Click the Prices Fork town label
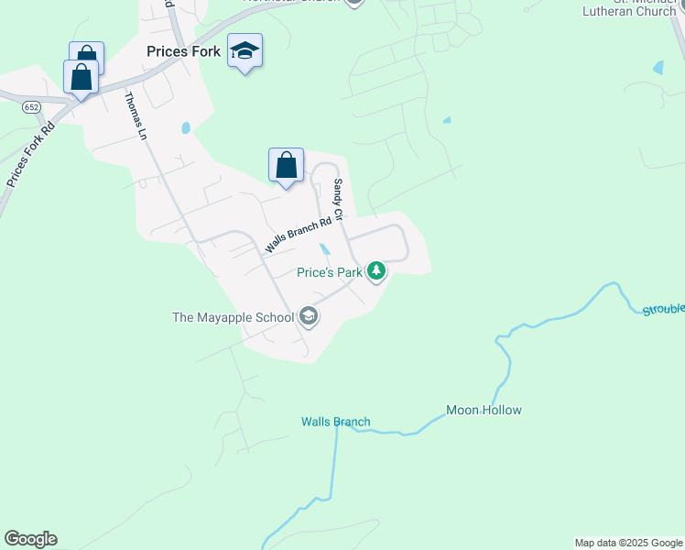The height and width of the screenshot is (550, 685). pos(183,52)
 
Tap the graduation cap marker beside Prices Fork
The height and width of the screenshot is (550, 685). pos(245,51)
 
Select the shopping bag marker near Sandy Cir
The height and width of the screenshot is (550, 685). pos(286,166)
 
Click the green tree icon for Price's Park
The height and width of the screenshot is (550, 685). pos(375,270)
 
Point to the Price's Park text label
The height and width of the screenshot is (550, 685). pos(330,272)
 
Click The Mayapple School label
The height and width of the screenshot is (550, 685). pos(233,318)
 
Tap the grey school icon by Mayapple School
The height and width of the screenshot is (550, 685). pos(309,317)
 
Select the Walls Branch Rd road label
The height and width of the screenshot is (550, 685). pos(298,236)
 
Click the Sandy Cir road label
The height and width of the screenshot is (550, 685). pos(337,200)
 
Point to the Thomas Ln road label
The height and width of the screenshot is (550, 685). pos(136,115)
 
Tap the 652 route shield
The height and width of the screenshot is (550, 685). pos(32,106)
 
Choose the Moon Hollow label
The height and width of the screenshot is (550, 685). pos(484,410)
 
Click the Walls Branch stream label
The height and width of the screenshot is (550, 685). pos(336,423)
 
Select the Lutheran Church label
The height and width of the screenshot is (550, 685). pos(642,12)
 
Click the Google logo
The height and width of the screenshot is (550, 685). pos(30,539)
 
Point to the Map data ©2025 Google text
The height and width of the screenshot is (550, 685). pos(628,543)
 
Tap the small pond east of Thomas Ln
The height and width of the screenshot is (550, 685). pos(186,128)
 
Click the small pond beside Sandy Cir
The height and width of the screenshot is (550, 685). pos(325,248)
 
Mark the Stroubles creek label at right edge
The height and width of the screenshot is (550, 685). pos(663,309)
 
